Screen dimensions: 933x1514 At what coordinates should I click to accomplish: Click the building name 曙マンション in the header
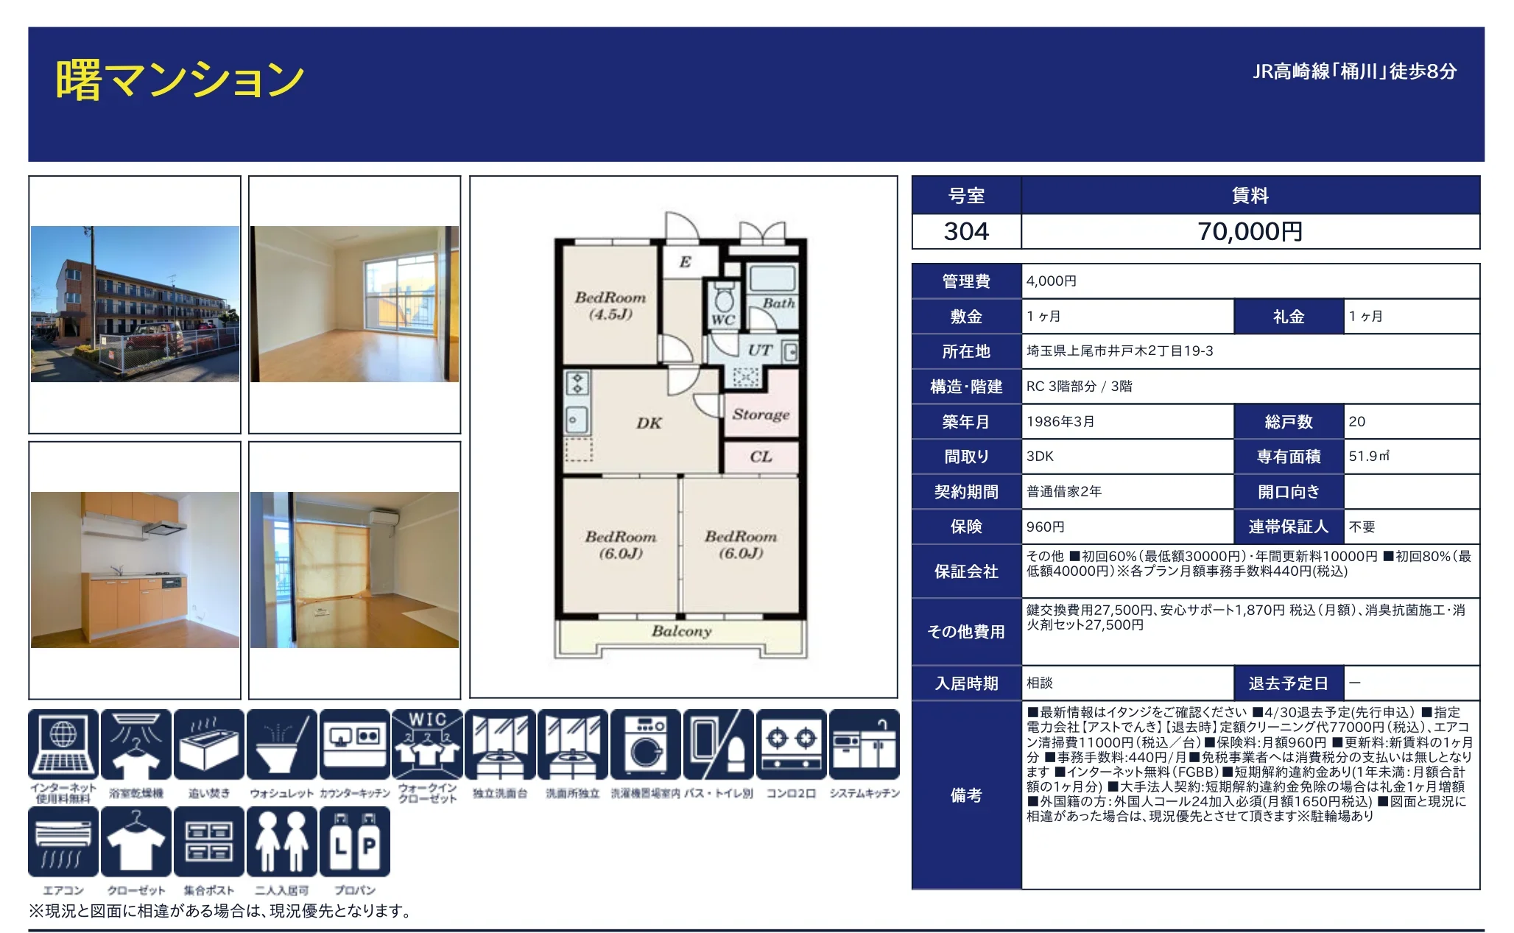[180, 80]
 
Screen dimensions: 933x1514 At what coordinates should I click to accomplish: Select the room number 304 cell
[966, 232]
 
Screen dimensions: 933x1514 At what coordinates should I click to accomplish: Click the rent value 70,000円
[1250, 232]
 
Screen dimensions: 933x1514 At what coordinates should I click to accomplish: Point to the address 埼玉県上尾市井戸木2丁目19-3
[1119, 351]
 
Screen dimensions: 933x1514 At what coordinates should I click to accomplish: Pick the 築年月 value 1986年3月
[1060, 422]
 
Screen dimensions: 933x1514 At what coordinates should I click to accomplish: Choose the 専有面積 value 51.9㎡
[1368, 457]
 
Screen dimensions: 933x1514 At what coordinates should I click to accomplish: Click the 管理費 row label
[966, 281]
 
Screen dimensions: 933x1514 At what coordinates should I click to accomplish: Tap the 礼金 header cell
[1289, 317]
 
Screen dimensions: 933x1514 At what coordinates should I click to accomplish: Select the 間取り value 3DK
[1040, 457]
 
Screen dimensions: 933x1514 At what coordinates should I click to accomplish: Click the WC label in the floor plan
[722, 320]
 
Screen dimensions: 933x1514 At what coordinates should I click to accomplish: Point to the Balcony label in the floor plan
[681, 631]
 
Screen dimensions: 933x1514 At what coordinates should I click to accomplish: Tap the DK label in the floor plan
[649, 423]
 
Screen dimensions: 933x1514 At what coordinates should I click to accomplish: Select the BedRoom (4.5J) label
[610, 306]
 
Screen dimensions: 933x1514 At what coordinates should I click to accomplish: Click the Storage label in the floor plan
[761, 415]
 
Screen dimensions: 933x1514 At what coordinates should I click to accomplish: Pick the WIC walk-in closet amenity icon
[427, 744]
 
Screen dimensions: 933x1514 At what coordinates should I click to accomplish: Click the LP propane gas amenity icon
[355, 842]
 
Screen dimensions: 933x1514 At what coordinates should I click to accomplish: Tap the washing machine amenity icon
[646, 744]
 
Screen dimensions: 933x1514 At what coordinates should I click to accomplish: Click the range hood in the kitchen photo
[163, 527]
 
